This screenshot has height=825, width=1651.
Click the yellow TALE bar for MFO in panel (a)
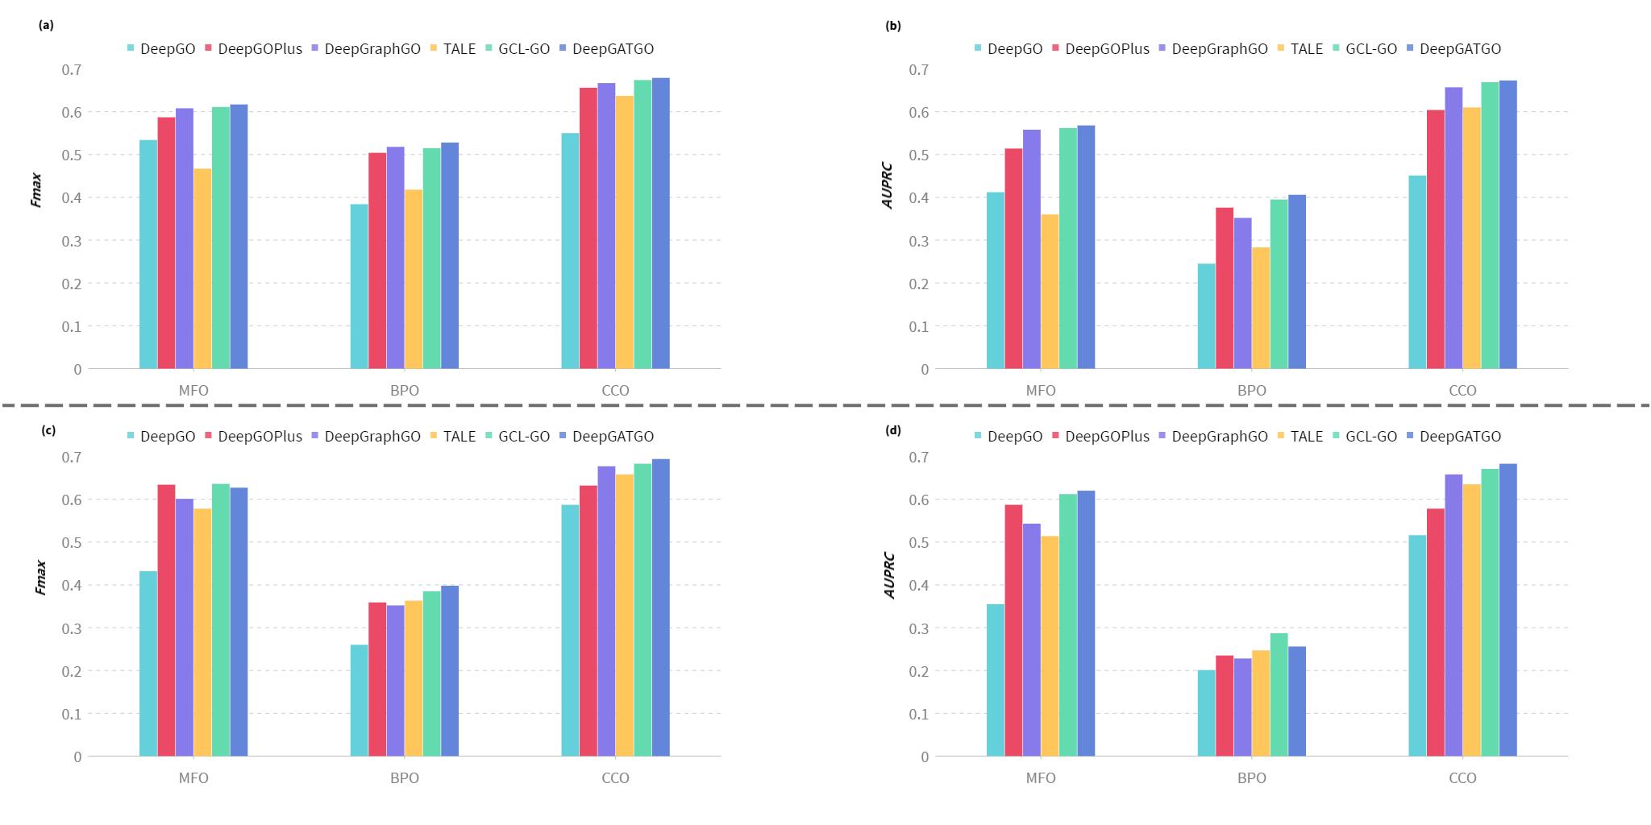coord(202,268)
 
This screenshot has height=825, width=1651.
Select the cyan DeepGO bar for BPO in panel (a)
coord(360,286)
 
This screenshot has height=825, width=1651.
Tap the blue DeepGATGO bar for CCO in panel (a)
coord(661,223)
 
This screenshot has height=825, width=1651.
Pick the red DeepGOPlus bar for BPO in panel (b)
coord(1225,288)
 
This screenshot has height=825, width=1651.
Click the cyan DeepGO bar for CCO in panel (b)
coord(1417,272)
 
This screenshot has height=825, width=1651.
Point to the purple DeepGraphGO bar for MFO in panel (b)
coord(1032,249)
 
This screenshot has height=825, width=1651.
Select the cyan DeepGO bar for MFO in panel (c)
coord(148,664)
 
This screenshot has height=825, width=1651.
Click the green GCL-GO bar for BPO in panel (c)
coord(432,674)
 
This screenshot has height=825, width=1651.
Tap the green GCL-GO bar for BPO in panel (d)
coord(1279,694)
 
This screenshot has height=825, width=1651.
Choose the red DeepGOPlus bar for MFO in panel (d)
coord(1013,631)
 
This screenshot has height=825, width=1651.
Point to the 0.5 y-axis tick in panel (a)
coord(72,155)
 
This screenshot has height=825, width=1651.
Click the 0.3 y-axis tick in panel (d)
coord(919,628)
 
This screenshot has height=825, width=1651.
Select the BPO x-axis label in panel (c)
coord(405,778)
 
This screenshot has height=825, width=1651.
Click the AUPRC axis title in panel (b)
coord(889,186)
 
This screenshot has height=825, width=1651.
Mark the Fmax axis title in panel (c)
coord(41,577)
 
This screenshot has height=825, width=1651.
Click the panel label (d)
coord(893,430)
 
